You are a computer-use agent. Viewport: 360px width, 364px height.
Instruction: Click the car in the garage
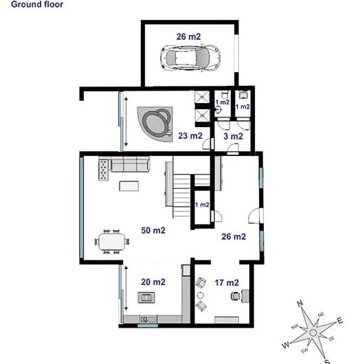[190, 58]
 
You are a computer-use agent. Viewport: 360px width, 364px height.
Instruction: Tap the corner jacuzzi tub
[155, 124]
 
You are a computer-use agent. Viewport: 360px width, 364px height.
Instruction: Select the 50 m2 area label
[153, 230]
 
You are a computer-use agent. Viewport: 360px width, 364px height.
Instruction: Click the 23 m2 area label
[190, 136]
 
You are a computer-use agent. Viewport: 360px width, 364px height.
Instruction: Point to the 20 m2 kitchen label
[153, 282]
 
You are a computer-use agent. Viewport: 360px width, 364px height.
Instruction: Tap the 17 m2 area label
[227, 282]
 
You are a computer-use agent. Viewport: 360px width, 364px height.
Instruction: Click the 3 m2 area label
[233, 136]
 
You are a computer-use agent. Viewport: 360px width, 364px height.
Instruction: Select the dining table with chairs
[112, 242]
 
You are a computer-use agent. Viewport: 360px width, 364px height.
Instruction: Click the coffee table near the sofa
[129, 186]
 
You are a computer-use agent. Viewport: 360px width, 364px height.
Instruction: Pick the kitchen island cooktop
[146, 297]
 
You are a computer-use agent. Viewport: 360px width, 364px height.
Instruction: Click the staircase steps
[182, 196]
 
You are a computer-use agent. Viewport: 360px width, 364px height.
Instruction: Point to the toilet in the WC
[225, 95]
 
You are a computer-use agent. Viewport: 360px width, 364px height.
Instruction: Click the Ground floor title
[37, 4]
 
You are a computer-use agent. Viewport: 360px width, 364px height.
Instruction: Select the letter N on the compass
[300, 303]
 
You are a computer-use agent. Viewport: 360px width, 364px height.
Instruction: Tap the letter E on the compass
[340, 321]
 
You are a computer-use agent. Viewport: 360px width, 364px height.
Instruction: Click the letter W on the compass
[286, 345]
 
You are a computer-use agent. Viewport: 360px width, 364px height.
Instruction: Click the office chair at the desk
[236, 296]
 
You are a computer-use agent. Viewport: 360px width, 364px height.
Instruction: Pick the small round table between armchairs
[200, 295]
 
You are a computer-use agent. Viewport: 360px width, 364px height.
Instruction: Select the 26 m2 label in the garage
[189, 36]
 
